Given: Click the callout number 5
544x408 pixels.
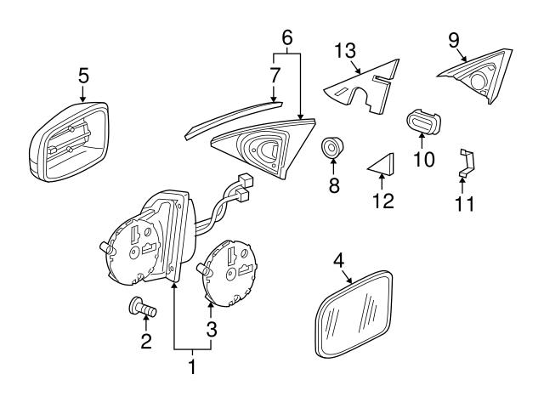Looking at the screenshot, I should [82, 75].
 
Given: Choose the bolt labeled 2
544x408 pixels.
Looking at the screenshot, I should [142, 309].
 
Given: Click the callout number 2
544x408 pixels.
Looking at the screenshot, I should [145, 342].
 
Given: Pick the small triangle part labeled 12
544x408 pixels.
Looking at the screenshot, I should [383, 163].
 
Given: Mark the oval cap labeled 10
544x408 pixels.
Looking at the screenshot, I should [422, 123].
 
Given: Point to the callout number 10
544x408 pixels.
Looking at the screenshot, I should [422, 159].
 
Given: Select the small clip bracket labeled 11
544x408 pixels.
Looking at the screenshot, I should [465, 162].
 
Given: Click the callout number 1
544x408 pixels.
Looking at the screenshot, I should [192, 367].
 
